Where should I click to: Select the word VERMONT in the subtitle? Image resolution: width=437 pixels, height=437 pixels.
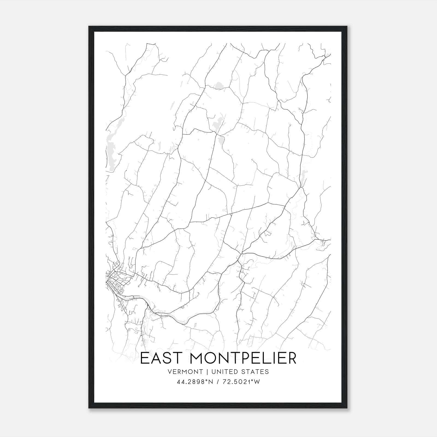[x=185, y=372]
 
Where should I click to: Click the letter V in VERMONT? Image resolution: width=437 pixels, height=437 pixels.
[x=170, y=372]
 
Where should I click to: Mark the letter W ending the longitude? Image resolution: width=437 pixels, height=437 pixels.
[x=256, y=382]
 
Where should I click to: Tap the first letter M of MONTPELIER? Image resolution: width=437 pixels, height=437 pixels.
[x=193, y=358]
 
